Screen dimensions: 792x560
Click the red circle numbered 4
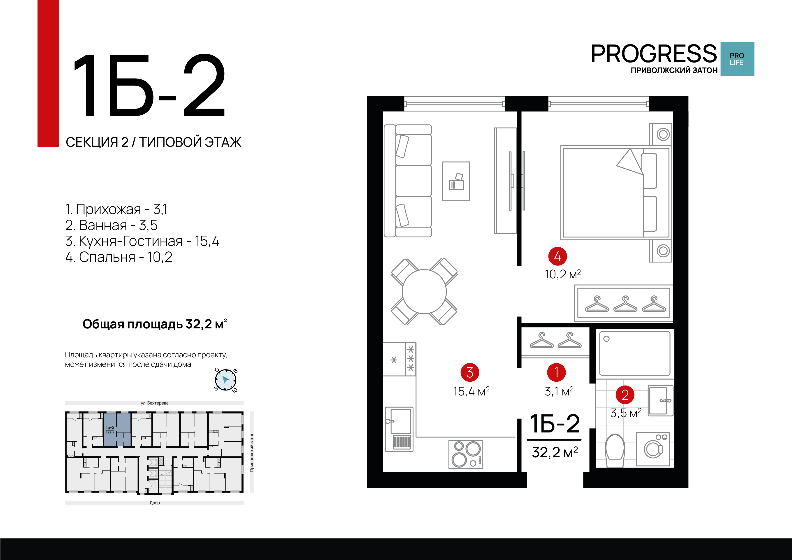[x=557, y=256]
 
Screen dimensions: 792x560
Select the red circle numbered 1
[x=556, y=372]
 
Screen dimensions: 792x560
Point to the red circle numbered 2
[x=625, y=395]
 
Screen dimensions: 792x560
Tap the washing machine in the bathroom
[x=653, y=449]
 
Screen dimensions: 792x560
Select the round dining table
[x=424, y=292]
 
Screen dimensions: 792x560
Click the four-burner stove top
[x=465, y=454]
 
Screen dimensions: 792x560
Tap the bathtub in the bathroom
[x=635, y=354]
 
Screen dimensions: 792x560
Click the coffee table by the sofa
[x=456, y=181]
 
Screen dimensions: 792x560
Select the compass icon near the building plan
[x=226, y=380]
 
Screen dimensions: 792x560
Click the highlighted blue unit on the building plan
[x=117, y=429]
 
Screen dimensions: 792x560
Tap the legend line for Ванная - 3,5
[x=111, y=225]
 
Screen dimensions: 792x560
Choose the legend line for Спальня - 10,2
[x=119, y=257]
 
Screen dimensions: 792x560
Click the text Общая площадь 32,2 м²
[x=155, y=324]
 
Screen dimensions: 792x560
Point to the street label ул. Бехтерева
[x=155, y=403]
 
